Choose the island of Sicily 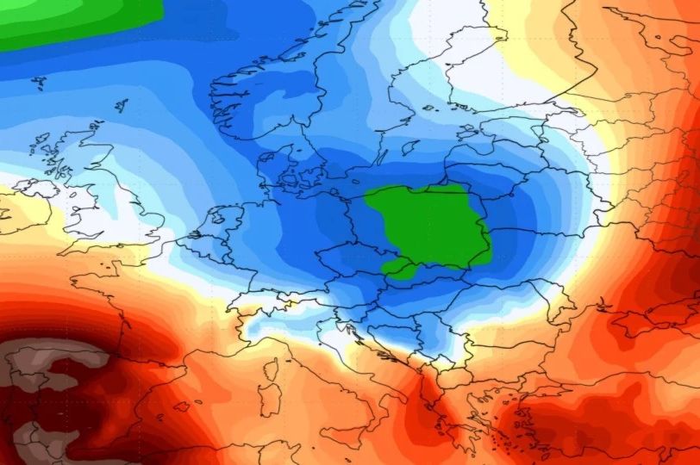[x=345, y=448]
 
